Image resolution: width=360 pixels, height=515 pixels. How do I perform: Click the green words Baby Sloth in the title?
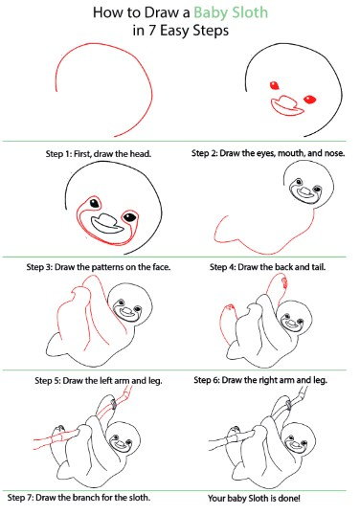pyautogui.click(x=231, y=12)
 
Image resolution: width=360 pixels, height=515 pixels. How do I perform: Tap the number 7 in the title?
pyautogui.click(x=151, y=31)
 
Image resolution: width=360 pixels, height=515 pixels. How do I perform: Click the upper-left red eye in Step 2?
pyautogui.click(x=274, y=85)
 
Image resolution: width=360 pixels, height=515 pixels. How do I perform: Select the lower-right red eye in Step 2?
pyautogui.click(x=310, y=100)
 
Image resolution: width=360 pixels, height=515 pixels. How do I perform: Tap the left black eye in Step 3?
pyautogui.click(x=95, y=204)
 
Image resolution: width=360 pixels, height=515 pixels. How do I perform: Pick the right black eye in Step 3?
pyautogui.click(x=130, y=216)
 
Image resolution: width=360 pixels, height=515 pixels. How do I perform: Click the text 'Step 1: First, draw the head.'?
pyautogui.click(x=99, y=154)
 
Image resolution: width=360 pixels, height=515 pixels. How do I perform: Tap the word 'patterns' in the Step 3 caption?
pyautogui.click(x=108, y=267)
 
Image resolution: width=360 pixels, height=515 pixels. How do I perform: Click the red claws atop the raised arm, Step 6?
pyautogui.click(x=283, y=281)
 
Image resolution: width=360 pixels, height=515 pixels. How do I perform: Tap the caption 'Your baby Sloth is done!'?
pyautogui.click(x=254, y=499)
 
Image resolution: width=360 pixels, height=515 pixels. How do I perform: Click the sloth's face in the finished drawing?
pyautogui.click(x=297, y=443)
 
